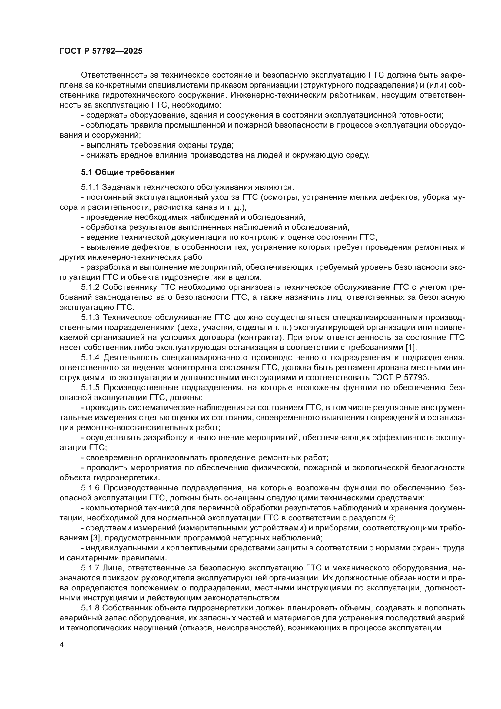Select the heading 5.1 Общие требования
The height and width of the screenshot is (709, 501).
(x=128, y=172)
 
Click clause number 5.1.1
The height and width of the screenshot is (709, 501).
(x=90, y=187)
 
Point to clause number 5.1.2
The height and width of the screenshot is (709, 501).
(x=90, y=287)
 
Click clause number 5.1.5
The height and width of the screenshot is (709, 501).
(x=90, y=388)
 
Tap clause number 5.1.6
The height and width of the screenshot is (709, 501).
(x=90, y=488)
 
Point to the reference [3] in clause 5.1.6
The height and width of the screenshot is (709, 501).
(x=95, y=538)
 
